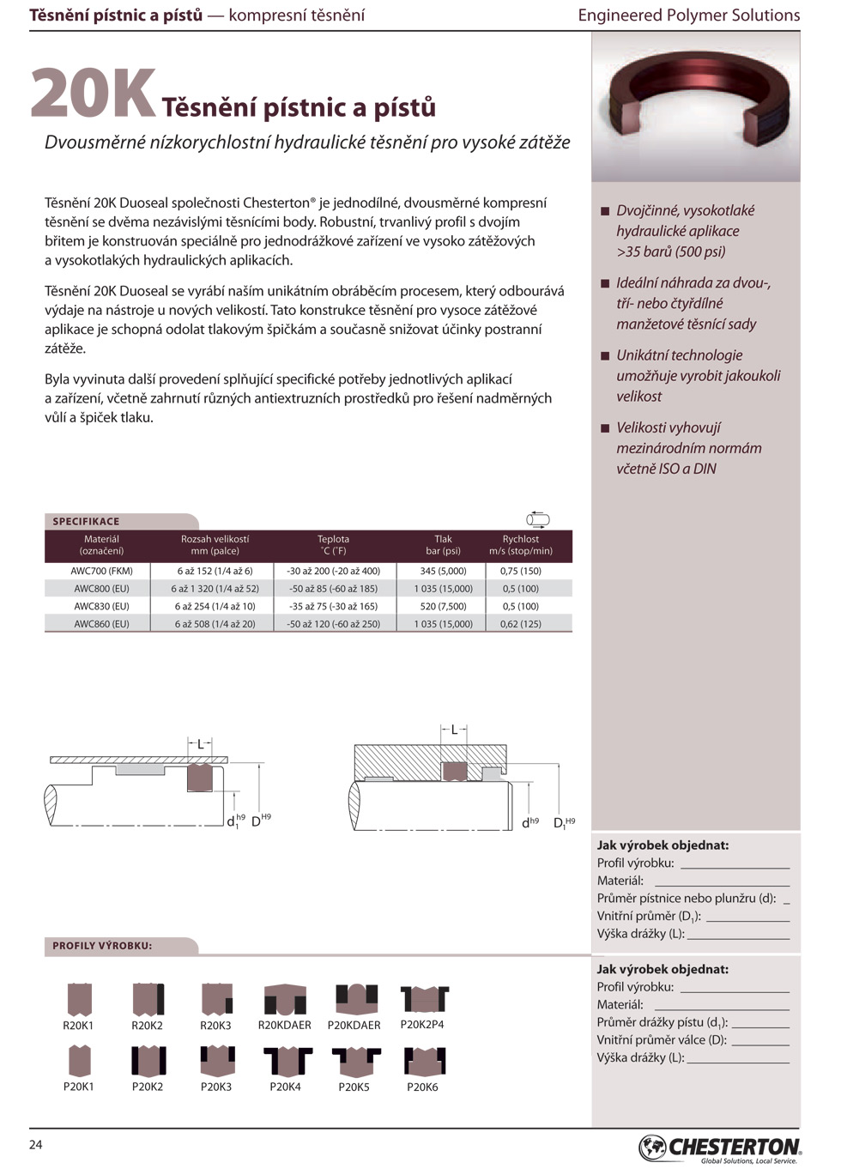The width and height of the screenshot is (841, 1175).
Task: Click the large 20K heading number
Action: [x=93, y=94]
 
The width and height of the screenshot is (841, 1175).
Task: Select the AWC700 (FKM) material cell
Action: [x=101, y=571]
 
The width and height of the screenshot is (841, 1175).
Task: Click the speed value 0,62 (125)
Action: [x=520, y=624]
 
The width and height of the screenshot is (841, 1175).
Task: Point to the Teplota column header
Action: [x=333, y=545]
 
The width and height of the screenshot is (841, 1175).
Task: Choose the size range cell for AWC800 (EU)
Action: [x=215, y=589]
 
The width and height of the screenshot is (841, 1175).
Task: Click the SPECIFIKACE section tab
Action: [x=86, y=521]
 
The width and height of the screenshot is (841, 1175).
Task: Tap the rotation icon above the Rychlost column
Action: [x=537, y=518]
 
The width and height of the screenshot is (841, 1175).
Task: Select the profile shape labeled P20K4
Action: [x=286, y=1061]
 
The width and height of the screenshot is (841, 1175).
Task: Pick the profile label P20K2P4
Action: [x=422, y=1024]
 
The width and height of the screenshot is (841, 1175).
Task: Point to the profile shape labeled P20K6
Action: [x=424, y=1061]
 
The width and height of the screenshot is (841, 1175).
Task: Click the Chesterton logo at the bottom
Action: [x=719, y=1148]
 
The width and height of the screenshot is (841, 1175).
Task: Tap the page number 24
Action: [x=36, y=1144]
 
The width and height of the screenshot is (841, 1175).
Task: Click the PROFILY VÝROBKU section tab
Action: [x=102, y=946]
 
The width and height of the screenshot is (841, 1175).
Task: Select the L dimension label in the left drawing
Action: [x=200, y=744]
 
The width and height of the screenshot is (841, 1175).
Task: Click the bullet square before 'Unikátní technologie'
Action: [x=605, y=355]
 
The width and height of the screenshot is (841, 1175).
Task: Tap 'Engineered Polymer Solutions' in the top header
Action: [x=688, y=15]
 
